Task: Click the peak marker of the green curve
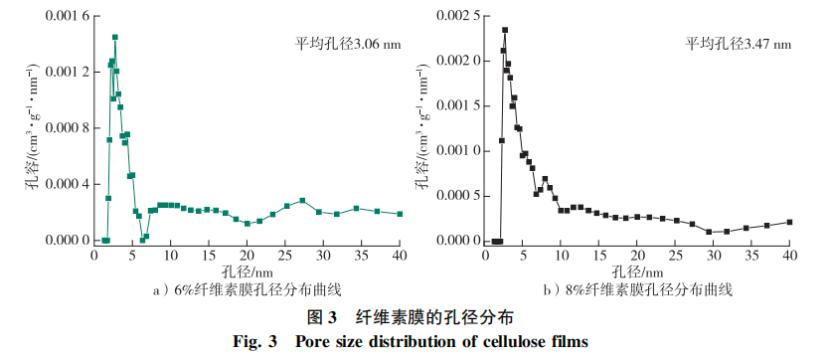point(114,37)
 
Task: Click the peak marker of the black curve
point(505,30)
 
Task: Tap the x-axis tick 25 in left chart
point(285,255)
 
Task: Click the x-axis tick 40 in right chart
point(790,255)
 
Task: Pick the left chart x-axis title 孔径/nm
point(247,270)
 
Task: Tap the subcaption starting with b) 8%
point(637,289)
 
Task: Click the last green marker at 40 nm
point(400,214)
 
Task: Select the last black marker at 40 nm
point(790,222)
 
